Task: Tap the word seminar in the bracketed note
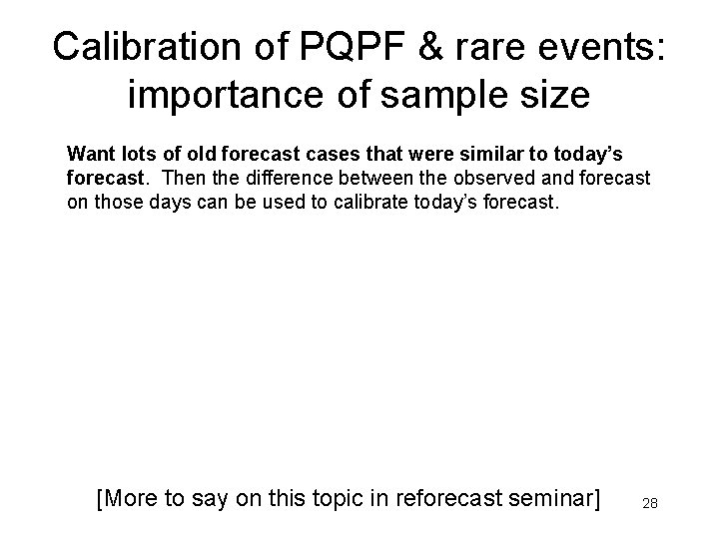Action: pos(550,498)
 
